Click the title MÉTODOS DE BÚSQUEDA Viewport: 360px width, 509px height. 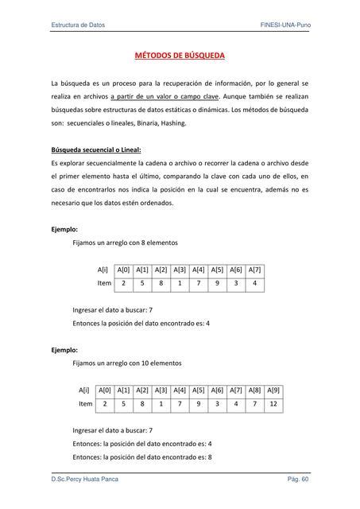pyautogui.click(x=180, y=56)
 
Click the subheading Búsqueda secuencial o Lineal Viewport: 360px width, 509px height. pyautogui.click(x=90, y=149)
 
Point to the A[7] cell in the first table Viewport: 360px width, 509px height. pyautogui.click(x=255, y=270)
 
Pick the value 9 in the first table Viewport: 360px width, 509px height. pyautogui.click(x=217, y=283)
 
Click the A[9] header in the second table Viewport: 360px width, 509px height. pyautogui.click(x=273, y=390)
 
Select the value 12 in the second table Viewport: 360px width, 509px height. pyautogui.click(x=273, y=404)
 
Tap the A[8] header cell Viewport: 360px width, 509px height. pyautogui.click(x=254, y=390)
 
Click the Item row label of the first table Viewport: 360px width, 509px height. pyautogui.click(x=104, y=283)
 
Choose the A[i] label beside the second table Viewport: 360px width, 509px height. pyautogui.click(x=84, y=390)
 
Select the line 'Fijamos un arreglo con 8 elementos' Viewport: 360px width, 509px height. pyautogui.click(x=125, y=243)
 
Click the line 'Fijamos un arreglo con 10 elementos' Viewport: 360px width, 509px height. pyautogui.click(x=126, y=363)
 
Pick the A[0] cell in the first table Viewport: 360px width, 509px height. pyautogui.click(x=125, y=270)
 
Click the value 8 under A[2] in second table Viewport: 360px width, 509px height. pyautogui.click(x=142, y=404)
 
